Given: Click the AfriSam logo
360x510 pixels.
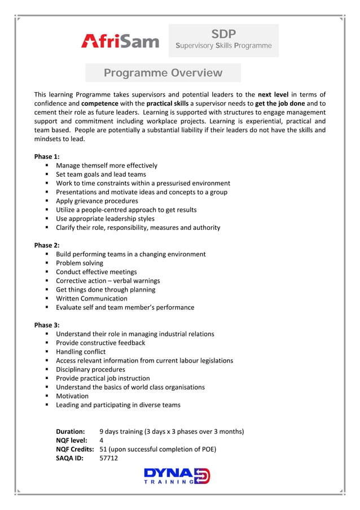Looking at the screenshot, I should pos(120,40).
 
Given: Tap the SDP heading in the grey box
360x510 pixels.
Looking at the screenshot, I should pos(223,33).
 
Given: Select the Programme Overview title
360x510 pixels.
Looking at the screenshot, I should pos(163,73).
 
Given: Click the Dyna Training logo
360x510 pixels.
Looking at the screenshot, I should pos(177,476).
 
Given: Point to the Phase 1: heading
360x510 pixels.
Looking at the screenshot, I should pos(47,156).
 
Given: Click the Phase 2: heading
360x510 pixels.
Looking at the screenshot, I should pos(47,245).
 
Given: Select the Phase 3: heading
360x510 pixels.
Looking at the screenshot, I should pos(47,325).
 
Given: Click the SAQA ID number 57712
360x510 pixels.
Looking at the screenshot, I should pos(108,458).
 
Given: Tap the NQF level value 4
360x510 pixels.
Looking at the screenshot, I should pos(102,440).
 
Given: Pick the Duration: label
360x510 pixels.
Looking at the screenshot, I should pos(70,431).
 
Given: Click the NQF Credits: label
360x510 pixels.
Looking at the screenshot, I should pos(74,449).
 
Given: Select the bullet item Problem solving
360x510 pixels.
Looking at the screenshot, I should pos(80,263).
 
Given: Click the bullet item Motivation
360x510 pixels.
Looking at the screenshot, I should pos(72,396).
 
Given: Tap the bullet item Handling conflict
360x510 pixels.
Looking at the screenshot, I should pos(81,351).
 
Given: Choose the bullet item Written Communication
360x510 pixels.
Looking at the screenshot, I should pos(91,298).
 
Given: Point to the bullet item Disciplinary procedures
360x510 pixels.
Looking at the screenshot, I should pos(90,369).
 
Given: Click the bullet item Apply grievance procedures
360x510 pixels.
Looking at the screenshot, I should pos(97,200).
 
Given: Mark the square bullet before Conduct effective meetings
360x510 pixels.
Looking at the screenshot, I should pos(47,272).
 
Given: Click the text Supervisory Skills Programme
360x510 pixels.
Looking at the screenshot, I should pos(223,46).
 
